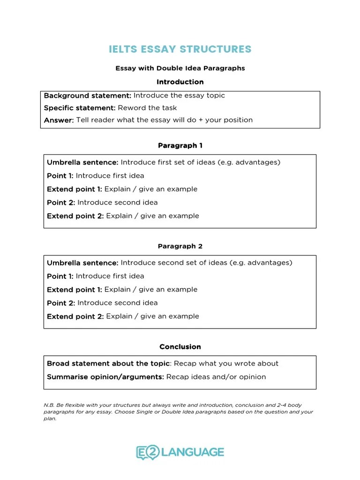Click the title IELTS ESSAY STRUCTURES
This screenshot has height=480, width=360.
[180, 49]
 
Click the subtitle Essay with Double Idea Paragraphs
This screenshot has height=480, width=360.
[180, 68]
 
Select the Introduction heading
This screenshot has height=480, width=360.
[180, 82]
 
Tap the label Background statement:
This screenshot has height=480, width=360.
[88, 96]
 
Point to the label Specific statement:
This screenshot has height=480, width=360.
[80, 108]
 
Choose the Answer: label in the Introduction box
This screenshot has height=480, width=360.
[59, 120]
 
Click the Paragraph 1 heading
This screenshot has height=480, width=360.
[180, 146]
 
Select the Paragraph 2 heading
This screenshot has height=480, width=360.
[180, 246]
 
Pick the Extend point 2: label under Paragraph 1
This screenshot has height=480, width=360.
[75, 216]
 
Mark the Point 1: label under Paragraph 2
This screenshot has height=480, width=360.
[60, 276]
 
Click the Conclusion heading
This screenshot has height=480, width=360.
[180, 347]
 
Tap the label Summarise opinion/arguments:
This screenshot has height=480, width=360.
[105, 377]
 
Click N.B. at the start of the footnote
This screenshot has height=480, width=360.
[48, 405]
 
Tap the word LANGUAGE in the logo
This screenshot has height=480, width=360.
[192, 452]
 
